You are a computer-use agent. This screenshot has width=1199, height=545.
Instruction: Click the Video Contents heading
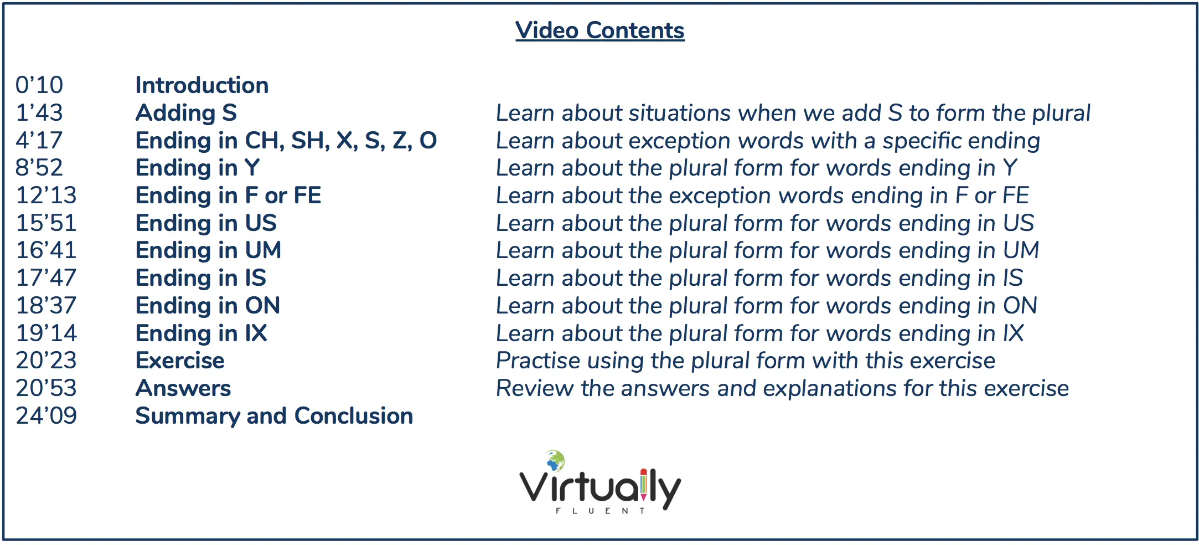pos(600,30)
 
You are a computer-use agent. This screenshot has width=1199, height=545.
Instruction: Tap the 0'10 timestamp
pos(39,85)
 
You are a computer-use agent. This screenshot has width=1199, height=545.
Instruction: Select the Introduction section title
pos(202,85)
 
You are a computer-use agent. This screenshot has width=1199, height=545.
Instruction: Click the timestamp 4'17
pos(39,141)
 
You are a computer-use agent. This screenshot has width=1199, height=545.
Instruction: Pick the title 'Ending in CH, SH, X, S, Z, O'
pos(286,141)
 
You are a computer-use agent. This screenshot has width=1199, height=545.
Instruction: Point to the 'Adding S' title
pos(187,113)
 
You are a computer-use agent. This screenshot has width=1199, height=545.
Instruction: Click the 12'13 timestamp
pos(46,196)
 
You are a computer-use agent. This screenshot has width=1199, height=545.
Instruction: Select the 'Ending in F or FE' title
pos(229,196)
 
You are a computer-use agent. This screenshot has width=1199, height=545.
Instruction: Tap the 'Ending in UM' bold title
pos(209,250)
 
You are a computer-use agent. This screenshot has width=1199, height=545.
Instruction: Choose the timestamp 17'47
pos(46,278)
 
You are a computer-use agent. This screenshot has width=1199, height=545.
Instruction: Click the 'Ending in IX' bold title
pos(201,333)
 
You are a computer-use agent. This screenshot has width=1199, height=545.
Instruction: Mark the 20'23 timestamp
pos(46,361)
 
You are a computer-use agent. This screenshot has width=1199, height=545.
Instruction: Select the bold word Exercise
pos(180,361)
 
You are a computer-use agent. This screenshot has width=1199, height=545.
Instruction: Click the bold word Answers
pos(183,388)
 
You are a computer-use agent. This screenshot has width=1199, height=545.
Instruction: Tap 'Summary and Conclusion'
pos(275,416)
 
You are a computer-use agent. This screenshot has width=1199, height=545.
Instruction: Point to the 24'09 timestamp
pos(46,416)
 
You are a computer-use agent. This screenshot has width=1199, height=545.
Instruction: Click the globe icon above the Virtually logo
pos(555,460)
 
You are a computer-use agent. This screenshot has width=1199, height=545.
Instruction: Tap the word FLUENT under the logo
pos(601,511)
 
